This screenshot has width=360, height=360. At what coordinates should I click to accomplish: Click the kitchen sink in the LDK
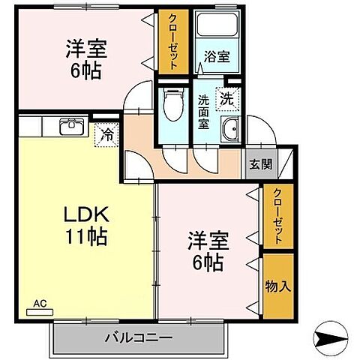[72, 126]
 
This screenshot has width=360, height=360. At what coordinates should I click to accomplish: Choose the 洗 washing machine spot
[226, 96]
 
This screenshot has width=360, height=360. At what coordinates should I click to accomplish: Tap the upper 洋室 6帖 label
[85, 60]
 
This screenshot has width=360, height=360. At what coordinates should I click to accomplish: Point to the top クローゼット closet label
[172, 42]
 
